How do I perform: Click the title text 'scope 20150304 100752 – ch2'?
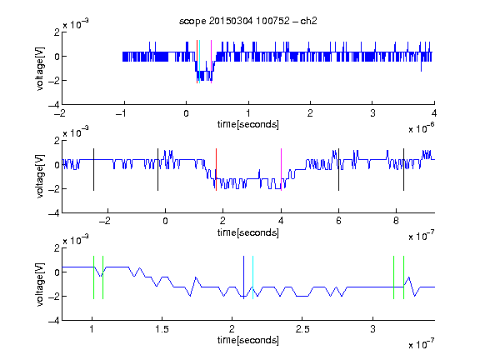(x=248, y=21)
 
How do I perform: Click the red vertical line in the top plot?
(x=197, y=62)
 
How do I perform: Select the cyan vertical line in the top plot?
(x=200, y=62)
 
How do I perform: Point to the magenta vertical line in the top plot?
(x=211, y=62)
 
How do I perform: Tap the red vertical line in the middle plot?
(x=216, y=170)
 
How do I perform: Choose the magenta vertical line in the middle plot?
(x=281, y=170)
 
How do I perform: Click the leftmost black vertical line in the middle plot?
(x=93, y=170)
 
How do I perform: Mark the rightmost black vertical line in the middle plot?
(x=403, y=170)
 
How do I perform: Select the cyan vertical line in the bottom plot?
(x=252, y=277)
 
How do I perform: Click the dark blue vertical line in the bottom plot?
(x=243, y=277)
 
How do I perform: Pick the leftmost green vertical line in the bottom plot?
(x=93, y=277)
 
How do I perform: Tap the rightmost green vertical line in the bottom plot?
(x=404, y=277)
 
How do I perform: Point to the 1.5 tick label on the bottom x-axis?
(x=162, y=329)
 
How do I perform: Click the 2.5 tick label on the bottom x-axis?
(x=302, y=329)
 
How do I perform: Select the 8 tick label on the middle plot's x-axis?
(x=396, y=221)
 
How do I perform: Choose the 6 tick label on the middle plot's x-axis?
(x=338, y=221)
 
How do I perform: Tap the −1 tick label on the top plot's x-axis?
(x=121, y=113)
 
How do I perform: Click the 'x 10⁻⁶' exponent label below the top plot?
(x=422, y=128)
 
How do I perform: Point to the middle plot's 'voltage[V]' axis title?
(x=40, y=177)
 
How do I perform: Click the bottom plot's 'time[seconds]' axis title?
(x=248, y=340)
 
